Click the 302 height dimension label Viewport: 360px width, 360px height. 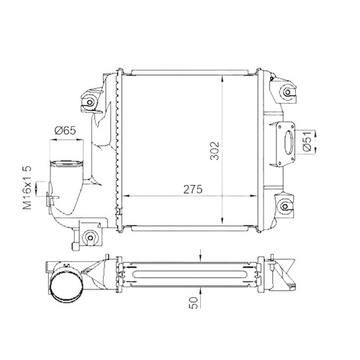click(x=215, y=150)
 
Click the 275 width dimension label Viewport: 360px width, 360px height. click(x=193, y=189)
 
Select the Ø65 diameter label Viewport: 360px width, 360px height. click(x=65, y=130)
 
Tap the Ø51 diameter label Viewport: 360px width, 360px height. click(x=307, y=141)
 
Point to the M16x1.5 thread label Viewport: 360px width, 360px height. click(x=27, y=188)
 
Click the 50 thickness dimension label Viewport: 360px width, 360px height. click(x=194, y=302)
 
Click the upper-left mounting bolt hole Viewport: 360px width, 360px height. click(x=90, y=102)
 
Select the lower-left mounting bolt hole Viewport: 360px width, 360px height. click(x=90, y=238)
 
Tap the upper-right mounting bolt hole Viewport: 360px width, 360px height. click(x=287, y=92)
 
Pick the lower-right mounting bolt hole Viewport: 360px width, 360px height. click(x=285, y=207)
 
